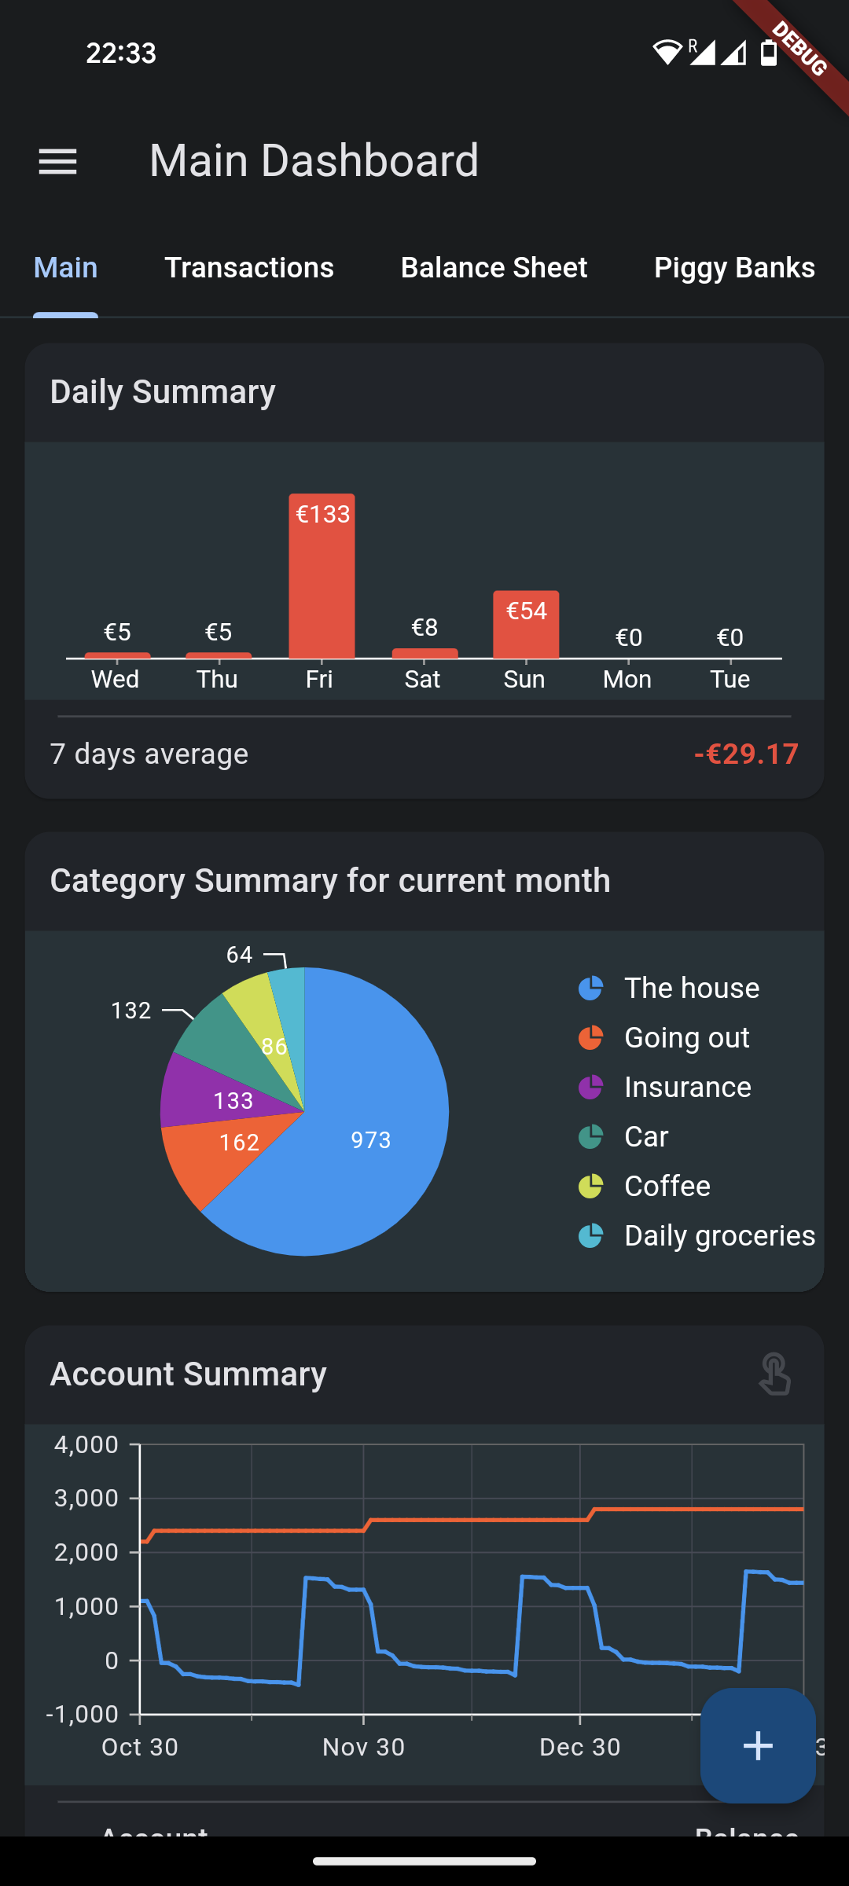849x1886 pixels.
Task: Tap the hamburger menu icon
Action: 58,162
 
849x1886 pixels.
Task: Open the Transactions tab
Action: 249,268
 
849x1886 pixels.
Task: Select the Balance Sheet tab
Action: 494,268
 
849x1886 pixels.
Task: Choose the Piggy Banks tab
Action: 734,268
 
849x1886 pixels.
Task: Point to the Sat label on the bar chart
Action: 423,679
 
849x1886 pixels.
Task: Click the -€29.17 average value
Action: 746,754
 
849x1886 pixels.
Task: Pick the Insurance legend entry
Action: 687,1088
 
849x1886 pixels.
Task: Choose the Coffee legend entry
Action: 667,1187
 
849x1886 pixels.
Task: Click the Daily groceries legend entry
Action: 719,1236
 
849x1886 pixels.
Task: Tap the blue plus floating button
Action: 758,1745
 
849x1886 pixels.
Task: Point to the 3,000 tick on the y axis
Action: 86,1499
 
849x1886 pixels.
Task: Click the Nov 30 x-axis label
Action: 363,1747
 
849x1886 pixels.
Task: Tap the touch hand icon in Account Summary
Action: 774,1374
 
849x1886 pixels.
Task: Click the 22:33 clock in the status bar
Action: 121,53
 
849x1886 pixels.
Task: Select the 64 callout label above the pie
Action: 240,955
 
